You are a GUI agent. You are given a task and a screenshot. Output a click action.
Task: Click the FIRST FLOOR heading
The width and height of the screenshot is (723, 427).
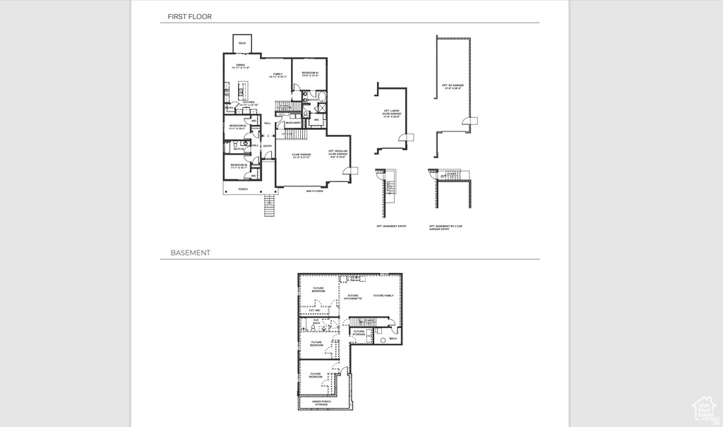click(189, 16)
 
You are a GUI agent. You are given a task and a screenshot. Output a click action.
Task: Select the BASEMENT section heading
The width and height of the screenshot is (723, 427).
click(190, 253)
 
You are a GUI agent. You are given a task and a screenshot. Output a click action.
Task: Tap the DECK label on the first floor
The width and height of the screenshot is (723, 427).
click(242, 44)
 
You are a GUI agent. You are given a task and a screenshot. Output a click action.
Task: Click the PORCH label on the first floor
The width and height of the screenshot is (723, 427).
click(243, 189)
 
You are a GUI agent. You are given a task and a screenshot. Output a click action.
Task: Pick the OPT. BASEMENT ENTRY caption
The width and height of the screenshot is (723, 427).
click(391, 226)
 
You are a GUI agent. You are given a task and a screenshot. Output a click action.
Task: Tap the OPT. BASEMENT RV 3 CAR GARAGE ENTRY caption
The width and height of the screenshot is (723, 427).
click(446, 227)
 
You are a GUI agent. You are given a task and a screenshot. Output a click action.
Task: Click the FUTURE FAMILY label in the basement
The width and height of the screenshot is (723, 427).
click(383, 296)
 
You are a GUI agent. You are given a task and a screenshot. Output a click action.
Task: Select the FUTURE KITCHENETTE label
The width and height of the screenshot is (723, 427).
click(353, 297)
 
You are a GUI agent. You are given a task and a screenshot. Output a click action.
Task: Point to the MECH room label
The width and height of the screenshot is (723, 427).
click(393, 339)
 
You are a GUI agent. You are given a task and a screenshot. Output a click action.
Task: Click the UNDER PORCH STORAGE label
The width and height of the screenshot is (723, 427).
click(321, 403)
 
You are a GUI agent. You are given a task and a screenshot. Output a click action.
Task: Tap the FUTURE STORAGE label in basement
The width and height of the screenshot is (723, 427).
click(359, 332)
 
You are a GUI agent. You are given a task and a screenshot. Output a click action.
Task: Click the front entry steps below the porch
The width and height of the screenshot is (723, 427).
click(270, 206)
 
